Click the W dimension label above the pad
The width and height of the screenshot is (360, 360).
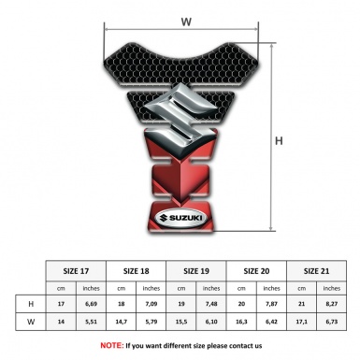tap(186, 22)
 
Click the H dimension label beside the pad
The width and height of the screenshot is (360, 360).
tap(279, 141)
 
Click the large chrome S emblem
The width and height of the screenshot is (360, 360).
tap(180, 117)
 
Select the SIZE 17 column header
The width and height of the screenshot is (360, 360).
tap(76, 271)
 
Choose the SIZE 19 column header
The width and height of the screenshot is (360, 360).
tap(196, 271)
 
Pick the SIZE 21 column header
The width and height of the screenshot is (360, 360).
tap(316, 271)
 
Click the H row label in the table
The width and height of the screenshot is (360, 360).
tap(31, 304)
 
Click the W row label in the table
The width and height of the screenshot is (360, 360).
tap(31, 322)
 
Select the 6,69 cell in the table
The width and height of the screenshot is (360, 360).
tap(91, 304)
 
